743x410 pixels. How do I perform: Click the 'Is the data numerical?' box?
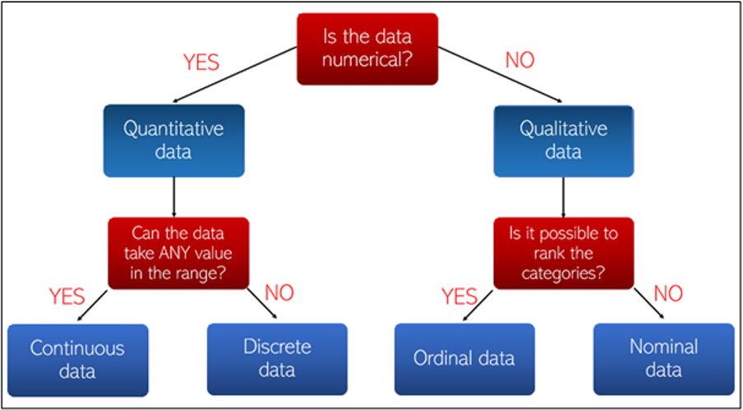367,49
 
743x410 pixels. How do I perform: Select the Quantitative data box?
174,141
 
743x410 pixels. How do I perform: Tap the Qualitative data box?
563,141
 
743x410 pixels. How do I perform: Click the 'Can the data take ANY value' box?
178,253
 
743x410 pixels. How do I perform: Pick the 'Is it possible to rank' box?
563,253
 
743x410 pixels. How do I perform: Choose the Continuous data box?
78,360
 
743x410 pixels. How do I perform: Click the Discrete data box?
277,359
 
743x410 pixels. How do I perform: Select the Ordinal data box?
464,359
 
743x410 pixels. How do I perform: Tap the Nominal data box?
663,359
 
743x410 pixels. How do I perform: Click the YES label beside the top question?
201,63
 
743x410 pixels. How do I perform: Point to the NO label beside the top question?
520,60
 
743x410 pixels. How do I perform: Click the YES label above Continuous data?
67,296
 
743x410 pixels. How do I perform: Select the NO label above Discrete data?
279,293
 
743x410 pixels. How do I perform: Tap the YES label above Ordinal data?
459,296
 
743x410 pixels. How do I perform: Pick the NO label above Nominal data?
668,294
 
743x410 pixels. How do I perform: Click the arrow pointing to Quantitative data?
235,74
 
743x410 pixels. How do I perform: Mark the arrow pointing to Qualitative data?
500,74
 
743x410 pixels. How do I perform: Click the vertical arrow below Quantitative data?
174,197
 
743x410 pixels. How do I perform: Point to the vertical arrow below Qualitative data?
563,197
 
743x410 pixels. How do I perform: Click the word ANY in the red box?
168,254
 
